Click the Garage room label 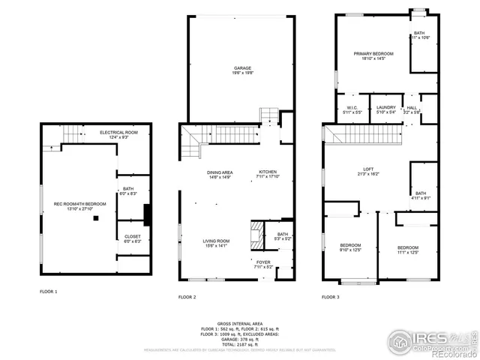point(241,68)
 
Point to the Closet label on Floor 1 point(132,237)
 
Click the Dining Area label point(220,173)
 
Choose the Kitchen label point(268,173)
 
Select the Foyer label point(263,262)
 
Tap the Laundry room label point(386,108)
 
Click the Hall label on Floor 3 point(412,108)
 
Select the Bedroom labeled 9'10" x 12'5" point(351,247)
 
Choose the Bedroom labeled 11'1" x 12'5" point(407,247)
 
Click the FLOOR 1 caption point(48,291)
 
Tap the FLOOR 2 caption point(187,298)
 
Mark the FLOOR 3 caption point(331,298)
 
